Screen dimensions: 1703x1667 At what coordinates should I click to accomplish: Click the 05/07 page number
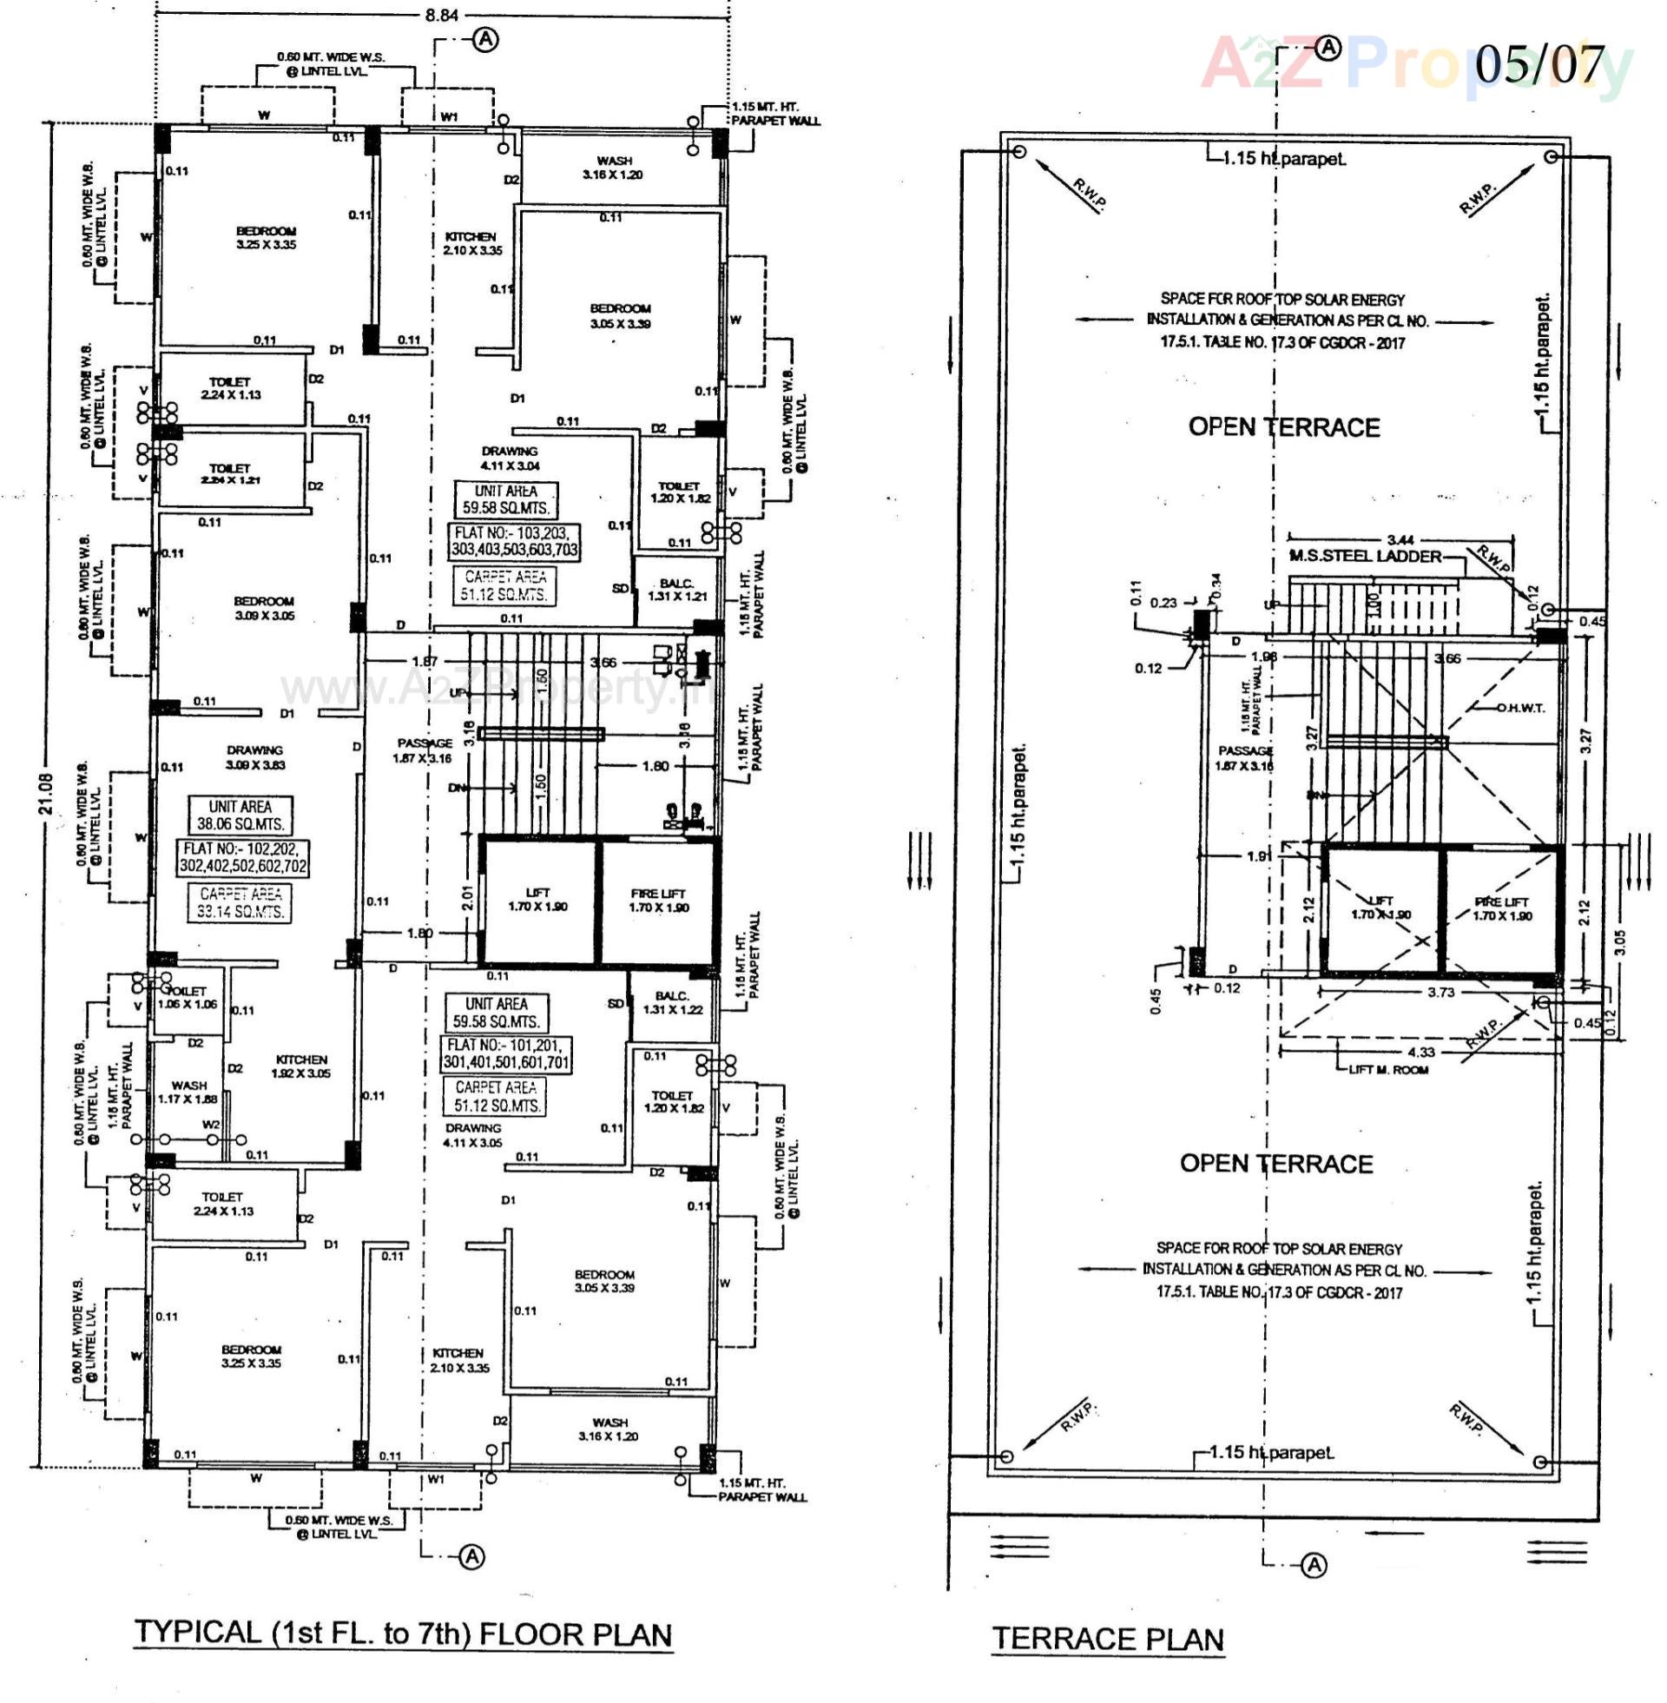pyautogui.click(x=1539, y=64)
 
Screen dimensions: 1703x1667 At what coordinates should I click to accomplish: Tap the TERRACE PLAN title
pyautogui.click(x=1108, y=1638)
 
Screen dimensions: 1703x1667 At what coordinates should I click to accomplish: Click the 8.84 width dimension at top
pyautogui.click(x=439, y=15)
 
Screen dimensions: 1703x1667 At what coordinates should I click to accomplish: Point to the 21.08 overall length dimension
pyautogui.click(x=46, y=792)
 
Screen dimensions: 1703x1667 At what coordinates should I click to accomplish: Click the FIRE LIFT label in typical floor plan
pyautogui.click(x=658, y=900)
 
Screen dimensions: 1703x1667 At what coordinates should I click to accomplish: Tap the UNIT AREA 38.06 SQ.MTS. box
pyautogui.click(x=240, y=815)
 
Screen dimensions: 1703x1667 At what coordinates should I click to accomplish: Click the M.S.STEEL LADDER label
pyautogui.click(x=1364, y=556)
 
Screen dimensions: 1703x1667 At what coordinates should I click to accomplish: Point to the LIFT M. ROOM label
pyautogui.click(x=1387, y=1069)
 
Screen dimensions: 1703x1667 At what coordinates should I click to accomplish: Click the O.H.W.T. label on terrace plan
pyautogui.click(x=1521, y=708)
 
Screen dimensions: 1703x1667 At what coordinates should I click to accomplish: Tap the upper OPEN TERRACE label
pyautogui.click(x=1283, y=427)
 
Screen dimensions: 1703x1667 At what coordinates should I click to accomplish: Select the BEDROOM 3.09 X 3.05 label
pyautogui.click(x=264, y=608)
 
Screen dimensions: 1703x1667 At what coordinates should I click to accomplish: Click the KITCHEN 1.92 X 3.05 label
pyautogui.click(x=300, y=1066)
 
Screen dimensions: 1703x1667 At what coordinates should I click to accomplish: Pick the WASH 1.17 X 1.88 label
pyautogui.click(x=188, y=1091)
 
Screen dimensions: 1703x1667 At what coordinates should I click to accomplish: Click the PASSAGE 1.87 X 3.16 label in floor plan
pyautogui.click(x=424, y=750)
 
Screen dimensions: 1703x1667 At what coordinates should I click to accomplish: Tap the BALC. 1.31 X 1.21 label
pyautogui.click(x=676, y=590)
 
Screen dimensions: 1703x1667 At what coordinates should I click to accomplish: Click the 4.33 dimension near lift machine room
pyautogui.click(x=1421, y=1052)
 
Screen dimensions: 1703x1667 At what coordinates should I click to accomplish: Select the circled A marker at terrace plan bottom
pyautogui.click(x=1314, y=1565)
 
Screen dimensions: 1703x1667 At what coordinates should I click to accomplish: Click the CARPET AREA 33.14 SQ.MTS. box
pyautogui.click(x=240, y=901)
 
